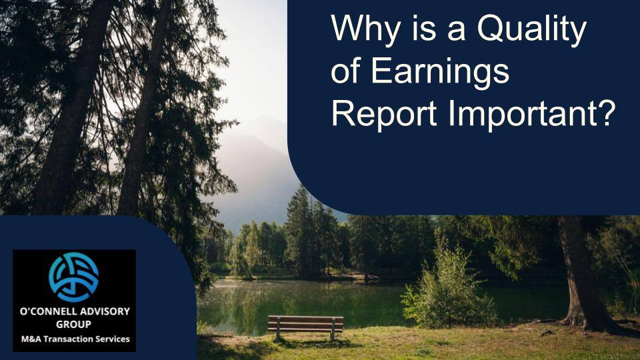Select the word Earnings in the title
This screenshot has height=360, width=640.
pos(440,73)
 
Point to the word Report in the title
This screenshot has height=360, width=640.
pos(383,114)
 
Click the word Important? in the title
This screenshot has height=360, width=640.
pos(530,115)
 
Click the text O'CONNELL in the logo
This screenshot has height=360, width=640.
pos(49,311)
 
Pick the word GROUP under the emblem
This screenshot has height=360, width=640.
pos(73,324)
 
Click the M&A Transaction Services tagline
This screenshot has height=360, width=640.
pos(75,339)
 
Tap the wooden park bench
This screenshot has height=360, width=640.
pos(305,325)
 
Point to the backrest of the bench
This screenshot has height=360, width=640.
pos(305,321)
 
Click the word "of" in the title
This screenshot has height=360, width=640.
pos(345,73)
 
